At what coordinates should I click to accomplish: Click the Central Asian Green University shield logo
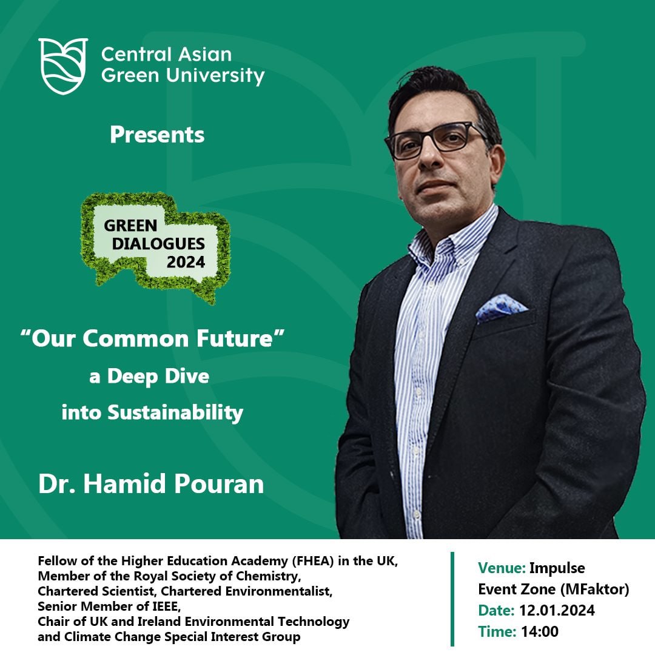pyautogui.click(x=63, y=66)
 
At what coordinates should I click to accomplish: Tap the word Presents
pyautogui.click(x=157, y=135)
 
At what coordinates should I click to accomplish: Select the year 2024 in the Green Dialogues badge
pyautogui.click(x=186, y=263)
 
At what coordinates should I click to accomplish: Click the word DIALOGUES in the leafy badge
pyautogui.click(x=158, y=244)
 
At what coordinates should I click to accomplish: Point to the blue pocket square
pyautogui.click(x=500, y=308)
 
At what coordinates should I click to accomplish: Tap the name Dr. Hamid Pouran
pyautogui.click(x=151, y=484)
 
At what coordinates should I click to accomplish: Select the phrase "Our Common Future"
pyautogui.click(x=152, y=338)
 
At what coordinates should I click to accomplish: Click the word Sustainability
pyautogui.click(x=175, y=413)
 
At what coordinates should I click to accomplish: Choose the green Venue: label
pyautogui.click(x=502, y=568)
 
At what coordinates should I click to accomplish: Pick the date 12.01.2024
pyautogui.click(x=557, y=610)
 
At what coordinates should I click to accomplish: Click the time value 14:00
pyautogui.click(x=540, y=631)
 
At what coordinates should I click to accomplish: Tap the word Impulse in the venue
pyautogui.click(x=557, y=568)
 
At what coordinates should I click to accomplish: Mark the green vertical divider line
pyautogui.click(x=452, y=599)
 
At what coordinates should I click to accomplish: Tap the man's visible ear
pyautogui.click(x=497, y=163)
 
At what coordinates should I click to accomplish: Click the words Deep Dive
pyautogui.click(x=158, y=377)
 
